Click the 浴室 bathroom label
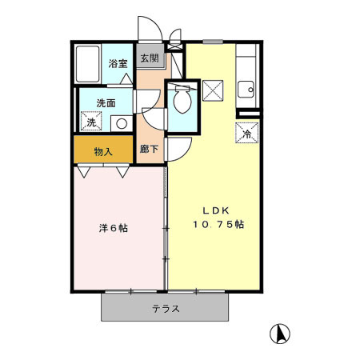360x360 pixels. click(118, 63)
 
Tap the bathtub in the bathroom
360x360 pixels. click(87, 64)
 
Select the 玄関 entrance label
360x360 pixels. click(150, 58)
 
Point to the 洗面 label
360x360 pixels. click(106, 103)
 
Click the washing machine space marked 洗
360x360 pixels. click(91, 122)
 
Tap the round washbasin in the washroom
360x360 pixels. click(122, 123)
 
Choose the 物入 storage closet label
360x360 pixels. click(103, 152)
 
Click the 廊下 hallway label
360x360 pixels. click(150, 149)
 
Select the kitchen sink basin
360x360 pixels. click(246, 90)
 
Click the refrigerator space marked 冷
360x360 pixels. click(247, 133)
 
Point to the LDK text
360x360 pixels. click(216, 210)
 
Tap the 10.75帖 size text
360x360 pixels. click(218, 224)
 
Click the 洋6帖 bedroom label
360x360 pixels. click(114, 228)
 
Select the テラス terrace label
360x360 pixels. click(166, 309)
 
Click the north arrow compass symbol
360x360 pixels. click(280, 334)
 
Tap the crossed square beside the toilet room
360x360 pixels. click(213, 90)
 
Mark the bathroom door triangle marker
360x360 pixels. click(126, 79)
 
